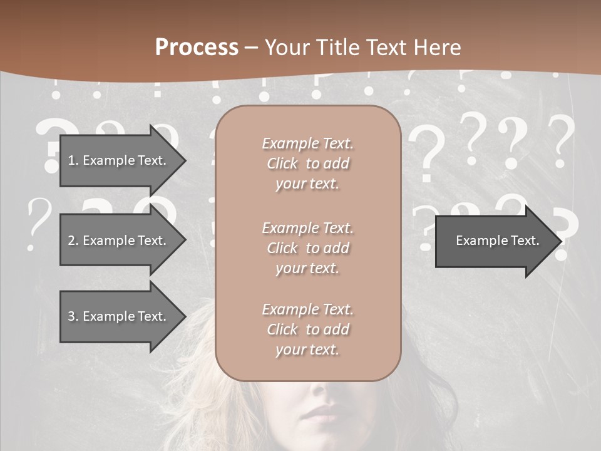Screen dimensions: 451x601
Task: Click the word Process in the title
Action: pos(197,48)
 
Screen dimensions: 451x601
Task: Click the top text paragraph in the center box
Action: pos(307,163)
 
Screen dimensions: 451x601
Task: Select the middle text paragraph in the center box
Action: pos(307,248)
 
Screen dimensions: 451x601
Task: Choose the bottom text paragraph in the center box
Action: pos(307,329)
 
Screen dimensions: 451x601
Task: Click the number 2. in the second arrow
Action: pos(73,241)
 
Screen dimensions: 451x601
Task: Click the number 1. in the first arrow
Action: pos(73,160)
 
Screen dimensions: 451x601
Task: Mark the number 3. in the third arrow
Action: pos(73,316)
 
